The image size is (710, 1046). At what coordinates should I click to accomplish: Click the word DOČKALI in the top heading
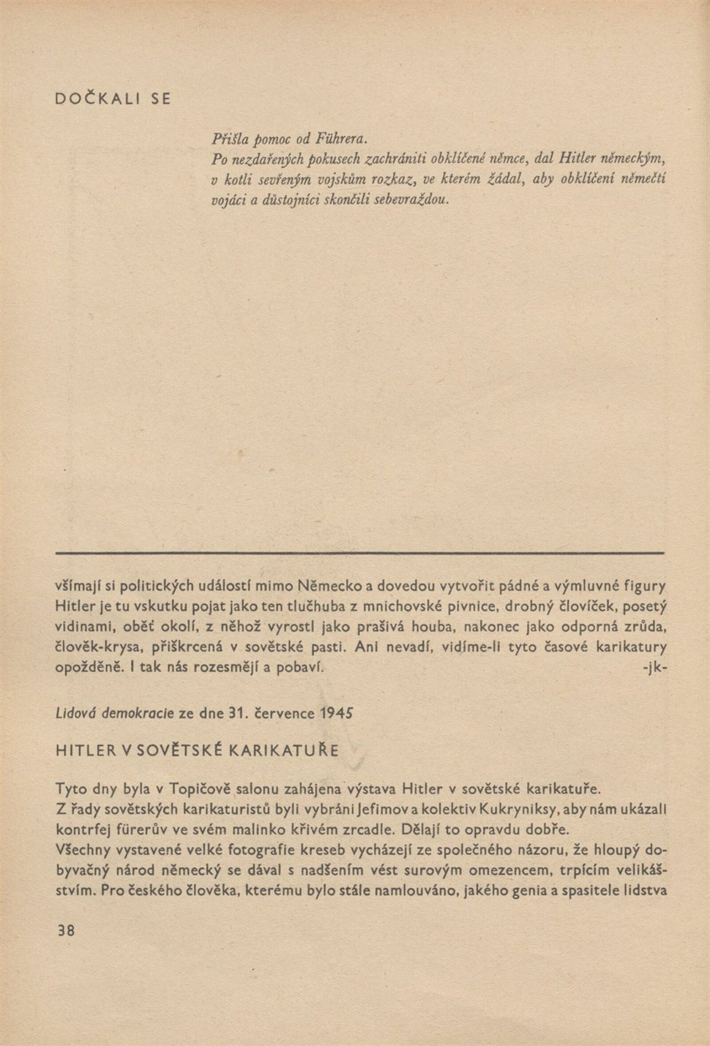[96, 99]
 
